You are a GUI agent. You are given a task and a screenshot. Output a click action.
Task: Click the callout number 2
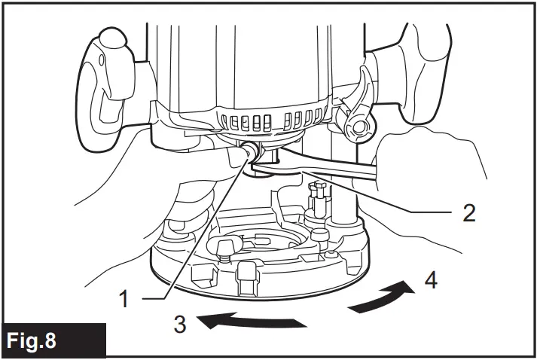tap(468, 213)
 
